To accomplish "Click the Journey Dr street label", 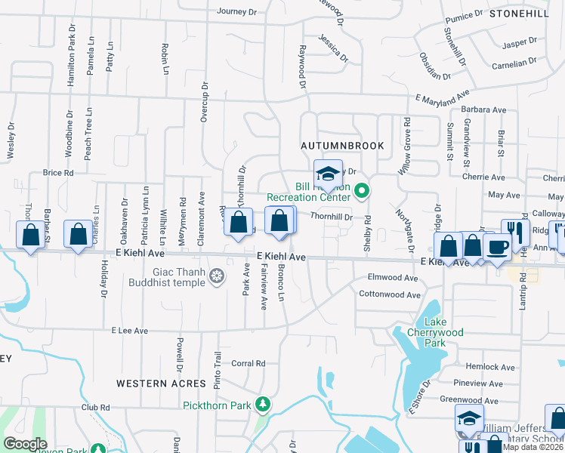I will click(237, 11).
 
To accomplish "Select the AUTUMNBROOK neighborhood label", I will click(342, 145).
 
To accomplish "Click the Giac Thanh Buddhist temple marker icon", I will click(218, 277).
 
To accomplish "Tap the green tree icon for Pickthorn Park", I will click(263, 405).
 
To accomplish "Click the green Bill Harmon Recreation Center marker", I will click(361, 190).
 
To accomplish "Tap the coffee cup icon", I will click(497, 247).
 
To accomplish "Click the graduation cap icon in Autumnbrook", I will click(328, 171).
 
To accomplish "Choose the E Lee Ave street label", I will click(131, 331).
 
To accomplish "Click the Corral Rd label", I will click(249, 363).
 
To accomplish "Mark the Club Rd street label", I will click(96, 407).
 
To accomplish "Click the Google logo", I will click(25, 444).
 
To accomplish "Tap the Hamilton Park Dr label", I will click(73, 48).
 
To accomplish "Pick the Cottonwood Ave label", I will click(388, 294).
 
